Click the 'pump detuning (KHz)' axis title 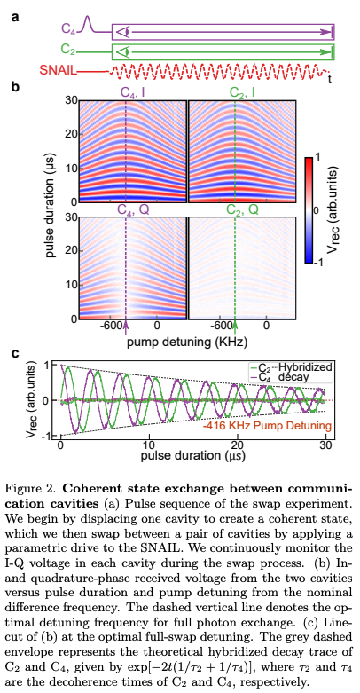pyautogui.click(x=183, y=340)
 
